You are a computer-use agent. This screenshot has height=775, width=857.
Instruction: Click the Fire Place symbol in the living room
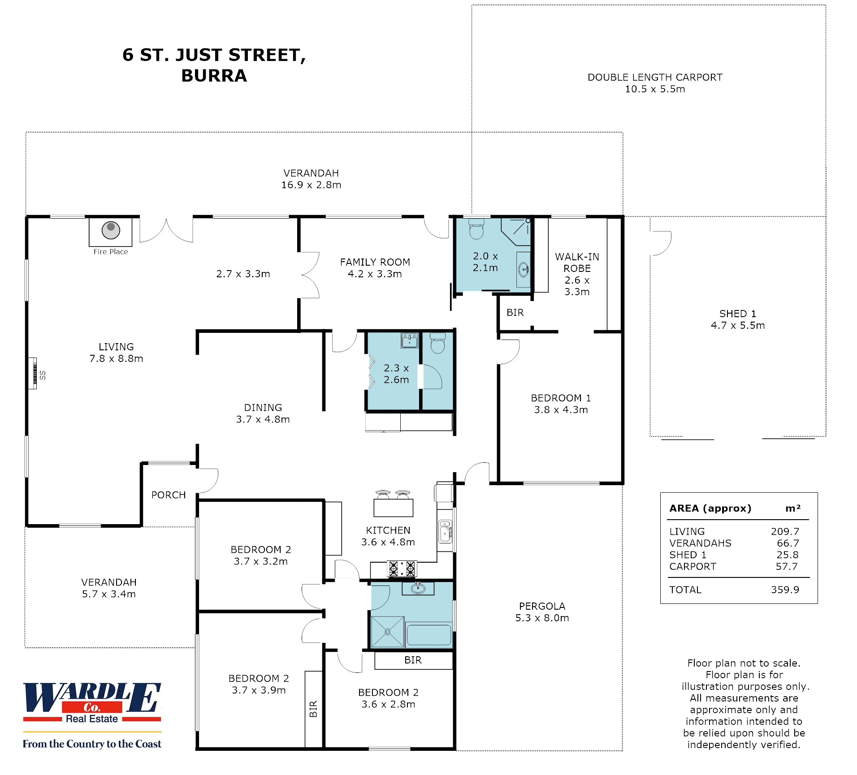tap(111, 231)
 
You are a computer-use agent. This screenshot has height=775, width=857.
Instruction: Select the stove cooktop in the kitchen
tap(402, 568)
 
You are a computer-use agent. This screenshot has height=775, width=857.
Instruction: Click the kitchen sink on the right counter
tap(445, 532)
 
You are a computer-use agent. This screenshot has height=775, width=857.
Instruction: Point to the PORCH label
tap(169, 495)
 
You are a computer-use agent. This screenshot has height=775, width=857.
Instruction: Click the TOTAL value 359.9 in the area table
tap(785, 590)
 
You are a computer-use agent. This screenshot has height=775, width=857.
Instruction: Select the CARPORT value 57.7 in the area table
tap(787, 566)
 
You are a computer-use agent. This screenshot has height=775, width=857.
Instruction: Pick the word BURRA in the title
tap(214, 76)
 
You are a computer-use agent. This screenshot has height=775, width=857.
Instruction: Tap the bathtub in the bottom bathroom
tap(428, 634)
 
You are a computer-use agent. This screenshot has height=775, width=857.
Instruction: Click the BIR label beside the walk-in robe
tap(515, 313)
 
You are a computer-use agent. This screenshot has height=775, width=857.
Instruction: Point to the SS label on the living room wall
tap(43, 375)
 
